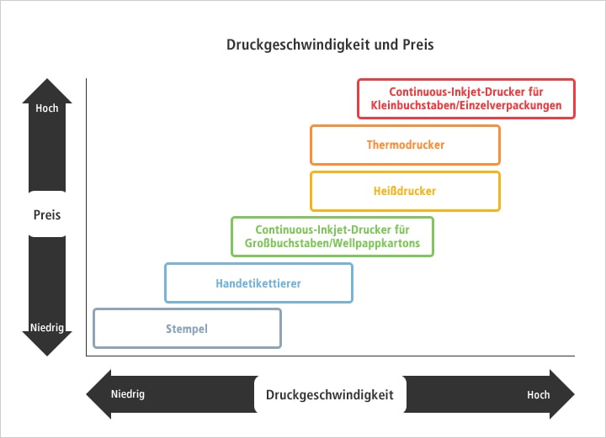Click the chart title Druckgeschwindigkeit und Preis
[330, 45]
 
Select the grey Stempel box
[187, 328]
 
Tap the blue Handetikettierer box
[258, 283]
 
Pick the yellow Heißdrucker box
[405, 191]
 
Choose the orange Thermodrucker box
[405, 145]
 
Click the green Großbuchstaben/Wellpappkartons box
[332, 236]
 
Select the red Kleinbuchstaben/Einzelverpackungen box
[466, 99]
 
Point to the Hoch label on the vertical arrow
[47, 108]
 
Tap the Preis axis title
[47, 214]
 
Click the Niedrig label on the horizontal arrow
[128, 393]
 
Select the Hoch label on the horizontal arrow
[539, 394]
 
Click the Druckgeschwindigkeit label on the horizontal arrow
[330, 394]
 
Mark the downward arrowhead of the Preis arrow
[47, 347]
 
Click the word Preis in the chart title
[417, 45]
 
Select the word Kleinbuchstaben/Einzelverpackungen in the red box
[466, 107]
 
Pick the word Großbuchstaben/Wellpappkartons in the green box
[332, 244]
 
